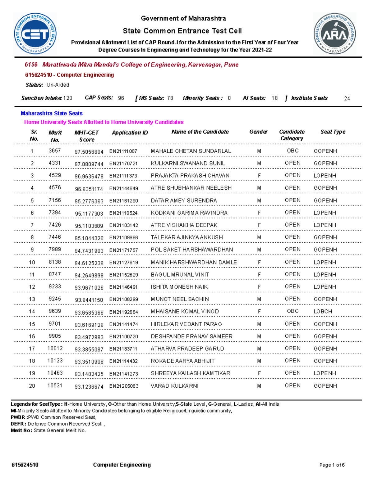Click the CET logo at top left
point(35,34)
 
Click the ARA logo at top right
point(334,34)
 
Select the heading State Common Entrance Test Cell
point(182,31)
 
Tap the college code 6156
point(31,65)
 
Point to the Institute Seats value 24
point(347,98)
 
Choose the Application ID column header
point(130,133)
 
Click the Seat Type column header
point(333,132)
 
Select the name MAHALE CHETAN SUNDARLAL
point(191,151)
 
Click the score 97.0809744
point(89,164)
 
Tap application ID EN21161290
point(123,201)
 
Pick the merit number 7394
point(55,213)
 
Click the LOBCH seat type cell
point(323,312)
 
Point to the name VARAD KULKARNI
point(174,386)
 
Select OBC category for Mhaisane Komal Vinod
point(292,311)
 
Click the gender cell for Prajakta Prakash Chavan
point(259,176)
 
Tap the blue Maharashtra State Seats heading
point(52,113)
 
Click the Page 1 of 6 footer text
point(332,465)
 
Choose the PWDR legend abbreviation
point(18,417)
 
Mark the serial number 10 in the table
point(32,263)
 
